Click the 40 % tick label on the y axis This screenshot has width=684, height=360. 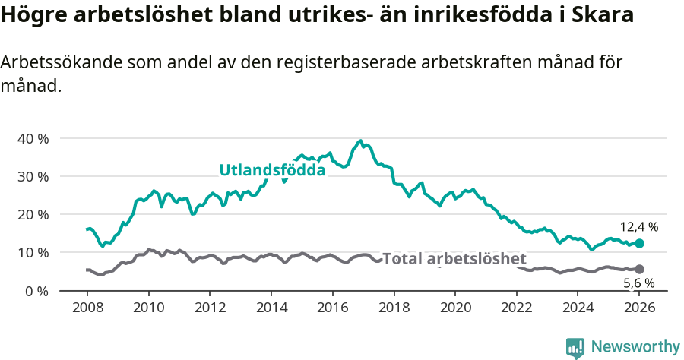click(x=32, y=138)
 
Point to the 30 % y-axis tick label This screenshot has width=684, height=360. click(x=32, y=176)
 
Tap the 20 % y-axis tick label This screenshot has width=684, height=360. click(x=32, y=214)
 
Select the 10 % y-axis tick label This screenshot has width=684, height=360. click(x=32, y=252)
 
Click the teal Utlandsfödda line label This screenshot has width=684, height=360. click(x=272, y=170)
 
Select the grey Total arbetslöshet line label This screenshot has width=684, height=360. click(x=454, y=259)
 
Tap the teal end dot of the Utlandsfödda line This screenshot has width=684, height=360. click(x=640, y=243)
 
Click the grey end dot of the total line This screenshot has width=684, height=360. click(x=640, y=269)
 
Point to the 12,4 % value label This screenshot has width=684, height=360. click(x=638, y=226)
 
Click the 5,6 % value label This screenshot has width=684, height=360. click(x=638, y=283)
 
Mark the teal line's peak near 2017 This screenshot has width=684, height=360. click(x=360, y=141)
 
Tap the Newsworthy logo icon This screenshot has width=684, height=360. click(x=575, y=347)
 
